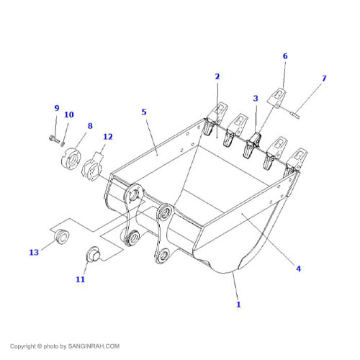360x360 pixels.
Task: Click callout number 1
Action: click(238, 305)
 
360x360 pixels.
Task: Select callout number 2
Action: click(217, 76)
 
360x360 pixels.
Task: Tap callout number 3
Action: click(255, 98)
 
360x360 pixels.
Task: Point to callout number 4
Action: click(298, 269)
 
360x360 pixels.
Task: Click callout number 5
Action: click(144, 112)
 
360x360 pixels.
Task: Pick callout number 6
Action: click(285, 56)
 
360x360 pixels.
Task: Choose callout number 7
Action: click(323, 78)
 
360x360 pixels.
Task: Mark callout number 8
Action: click(90, 126)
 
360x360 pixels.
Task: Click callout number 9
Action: click(57, 108)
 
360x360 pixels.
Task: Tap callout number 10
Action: click(69, 114)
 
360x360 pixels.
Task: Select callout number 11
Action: click(81, 279)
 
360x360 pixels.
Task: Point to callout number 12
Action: click(108, 137)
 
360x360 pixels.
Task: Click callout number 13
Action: click(34, 252)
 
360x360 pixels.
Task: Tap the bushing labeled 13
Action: click(62, 236)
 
